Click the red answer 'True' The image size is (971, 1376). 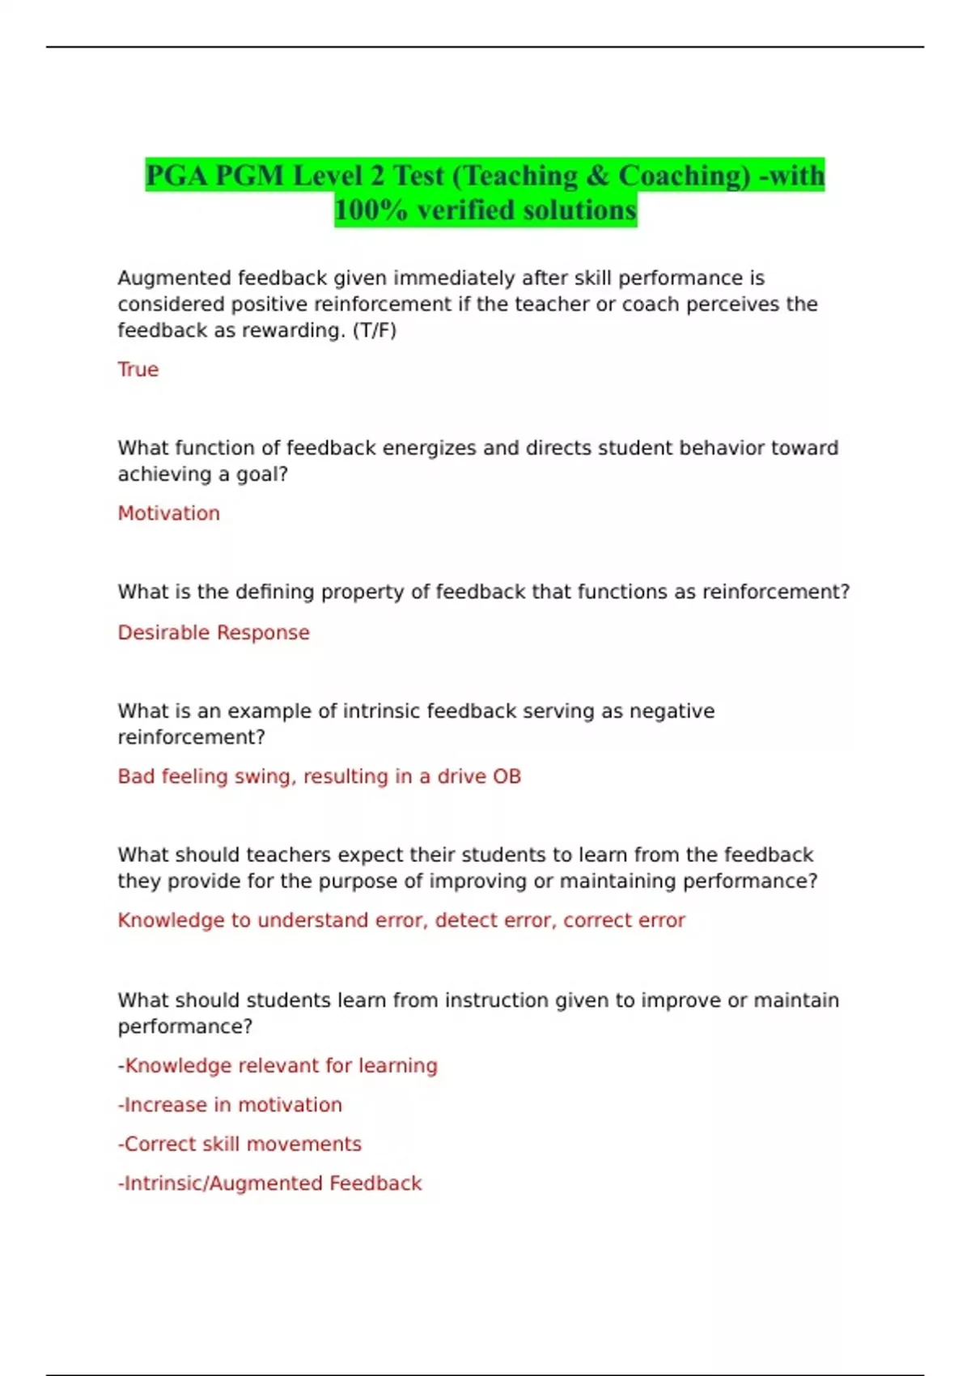coord(138,370)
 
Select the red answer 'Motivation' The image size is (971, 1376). coord(168,513)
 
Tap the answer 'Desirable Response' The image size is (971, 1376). coord(214,632)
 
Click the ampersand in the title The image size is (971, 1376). coord(596,176)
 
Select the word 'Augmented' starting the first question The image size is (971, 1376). coord(174,278)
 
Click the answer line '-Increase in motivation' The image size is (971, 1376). coord(230,1105)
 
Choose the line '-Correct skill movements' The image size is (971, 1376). coord(240,1144)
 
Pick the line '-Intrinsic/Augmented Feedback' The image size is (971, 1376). coord(269,1183)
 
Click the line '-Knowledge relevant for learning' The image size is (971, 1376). coord(278,1065)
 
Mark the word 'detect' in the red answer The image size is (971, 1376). coord(464,920)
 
